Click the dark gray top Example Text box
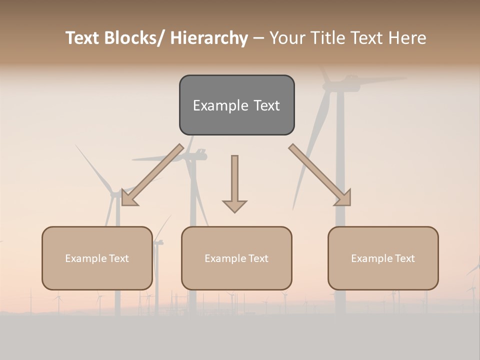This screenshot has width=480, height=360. (236, 105)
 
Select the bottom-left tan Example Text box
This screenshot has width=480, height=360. (97, 258)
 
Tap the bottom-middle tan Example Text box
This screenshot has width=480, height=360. (236, 258)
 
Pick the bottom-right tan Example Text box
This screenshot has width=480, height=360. (383, 258)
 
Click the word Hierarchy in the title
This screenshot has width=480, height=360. (209, 38)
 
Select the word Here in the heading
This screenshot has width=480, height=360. (408, 38)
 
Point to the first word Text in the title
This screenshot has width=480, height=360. (83, 38)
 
